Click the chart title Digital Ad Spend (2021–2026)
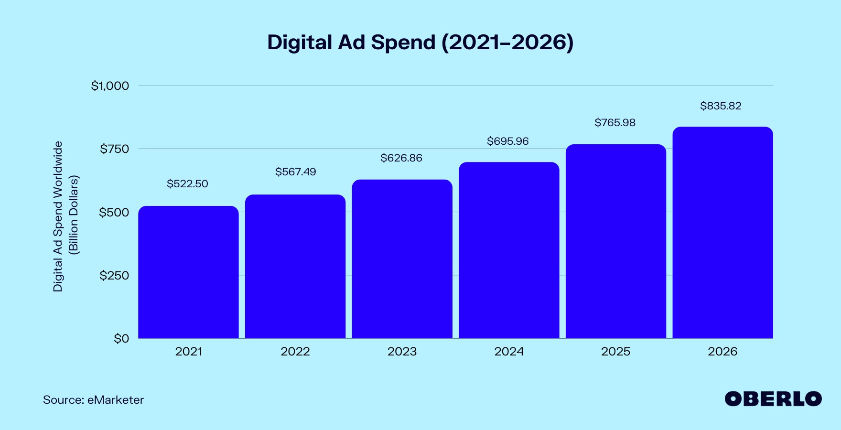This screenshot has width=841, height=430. tap(420, 43)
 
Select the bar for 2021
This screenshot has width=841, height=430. tap(188, 272)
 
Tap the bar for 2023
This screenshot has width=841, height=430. tap(402, 259)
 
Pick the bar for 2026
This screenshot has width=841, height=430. tap(722, 233)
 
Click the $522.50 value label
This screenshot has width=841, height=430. tap(187, 184)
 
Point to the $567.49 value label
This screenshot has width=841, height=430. tap(295, 172)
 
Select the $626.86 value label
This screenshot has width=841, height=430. tap(401, 158)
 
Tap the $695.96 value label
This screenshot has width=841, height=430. tap(507, 141)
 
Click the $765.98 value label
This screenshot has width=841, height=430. tap(615, 123)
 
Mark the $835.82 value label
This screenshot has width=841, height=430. tap(721, 106)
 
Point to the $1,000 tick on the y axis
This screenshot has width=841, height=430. tap(110, 86)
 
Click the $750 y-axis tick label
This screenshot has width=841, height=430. tap(114, 149)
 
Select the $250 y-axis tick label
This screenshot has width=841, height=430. tap(114, 276)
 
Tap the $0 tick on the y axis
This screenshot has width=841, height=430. tap(121, 339)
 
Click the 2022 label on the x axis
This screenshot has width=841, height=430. tap(295, 352)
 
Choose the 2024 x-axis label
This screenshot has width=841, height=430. tap(509, 352)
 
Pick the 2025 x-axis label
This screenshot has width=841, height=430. tap(615, 352)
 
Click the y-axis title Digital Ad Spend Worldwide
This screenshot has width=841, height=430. tap(58, 216)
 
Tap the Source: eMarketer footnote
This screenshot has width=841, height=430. tap(93, 400)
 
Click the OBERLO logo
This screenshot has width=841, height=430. tap(773, 399)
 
